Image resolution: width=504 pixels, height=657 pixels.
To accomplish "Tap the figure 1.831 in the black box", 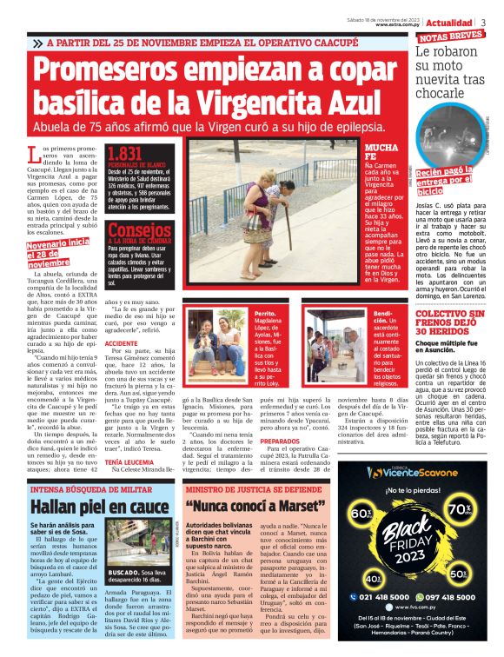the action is (x=123, y=153).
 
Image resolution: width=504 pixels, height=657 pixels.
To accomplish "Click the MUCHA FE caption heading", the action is (x=382, y=153).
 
